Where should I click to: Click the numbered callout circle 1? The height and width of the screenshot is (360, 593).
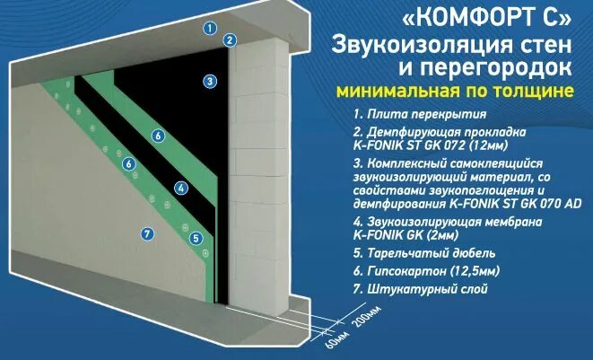point(210,28)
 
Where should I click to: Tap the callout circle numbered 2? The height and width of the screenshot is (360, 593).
point(231,40)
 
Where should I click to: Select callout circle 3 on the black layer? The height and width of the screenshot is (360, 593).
point(208,82)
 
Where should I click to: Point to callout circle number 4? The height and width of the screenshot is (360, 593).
point(180,188)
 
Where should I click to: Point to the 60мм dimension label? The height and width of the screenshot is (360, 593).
point(318,343)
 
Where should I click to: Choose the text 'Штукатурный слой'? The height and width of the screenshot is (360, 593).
point(424,291)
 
